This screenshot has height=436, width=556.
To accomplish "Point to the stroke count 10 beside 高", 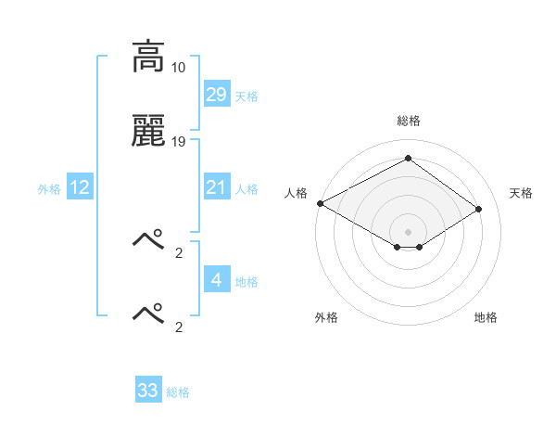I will (179, 68).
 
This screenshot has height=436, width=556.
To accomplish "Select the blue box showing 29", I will (216, 95).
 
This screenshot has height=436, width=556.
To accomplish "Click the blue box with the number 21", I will (216, 187).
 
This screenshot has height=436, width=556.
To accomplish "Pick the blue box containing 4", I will (216, 280).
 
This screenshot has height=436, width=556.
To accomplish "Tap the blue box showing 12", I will (80, 187).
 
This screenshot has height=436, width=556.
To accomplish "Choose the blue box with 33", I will (148, 391).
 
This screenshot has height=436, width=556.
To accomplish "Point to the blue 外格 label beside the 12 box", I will (49, 188).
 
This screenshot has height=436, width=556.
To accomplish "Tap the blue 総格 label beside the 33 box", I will (178, 391).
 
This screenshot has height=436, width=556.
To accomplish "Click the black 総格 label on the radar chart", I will (408, 121).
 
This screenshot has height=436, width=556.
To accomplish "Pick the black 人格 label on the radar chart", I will (296, 192).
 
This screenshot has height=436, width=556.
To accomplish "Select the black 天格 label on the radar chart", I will (521, 192).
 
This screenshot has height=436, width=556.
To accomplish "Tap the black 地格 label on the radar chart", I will (486, 317).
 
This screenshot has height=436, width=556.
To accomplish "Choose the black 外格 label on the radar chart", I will (326, 317).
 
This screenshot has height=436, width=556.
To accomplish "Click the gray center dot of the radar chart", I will (408, 231).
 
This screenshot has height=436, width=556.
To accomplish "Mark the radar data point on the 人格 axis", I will (320, 202).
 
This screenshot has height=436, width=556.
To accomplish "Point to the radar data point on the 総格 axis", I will (408, 158).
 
